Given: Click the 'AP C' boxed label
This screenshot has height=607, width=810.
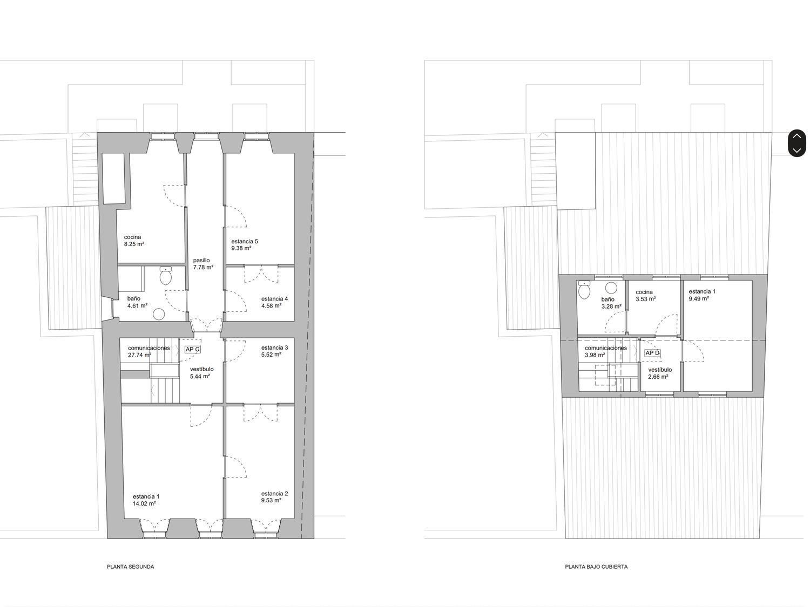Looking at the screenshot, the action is pyautogui.click(x=193, y=350).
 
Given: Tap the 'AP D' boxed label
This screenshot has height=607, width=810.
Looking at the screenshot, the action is pyautogui.click(x=652, y=353).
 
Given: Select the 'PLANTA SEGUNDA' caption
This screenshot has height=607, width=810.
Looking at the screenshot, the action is pyautogui.click(x=131, y=567).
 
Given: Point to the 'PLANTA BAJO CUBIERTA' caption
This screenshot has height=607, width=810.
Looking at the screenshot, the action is pyautogui.click(x=596, y=567).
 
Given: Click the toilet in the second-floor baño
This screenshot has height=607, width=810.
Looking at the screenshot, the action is pyautogui.click(x=166, y=276).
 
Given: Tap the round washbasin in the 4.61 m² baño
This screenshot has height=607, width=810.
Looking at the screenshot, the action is pyautogui.click(x=159, y=315).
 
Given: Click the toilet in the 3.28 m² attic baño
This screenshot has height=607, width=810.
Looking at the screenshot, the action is pyautogui.click(x=584, y=290).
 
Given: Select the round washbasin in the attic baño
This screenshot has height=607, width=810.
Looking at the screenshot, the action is pyautogui.click(x=611, y=288).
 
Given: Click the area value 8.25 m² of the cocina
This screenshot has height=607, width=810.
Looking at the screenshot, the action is pyautogui.click(x=134, y=244).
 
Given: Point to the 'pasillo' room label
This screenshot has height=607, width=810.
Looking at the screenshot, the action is pyautogui.click(x=201, y=261).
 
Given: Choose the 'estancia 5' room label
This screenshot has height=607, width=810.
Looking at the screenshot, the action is pyautogui.click(x=245, y=241).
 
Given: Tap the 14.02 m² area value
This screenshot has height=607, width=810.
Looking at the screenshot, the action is pyautogui.click(x=144, y=503).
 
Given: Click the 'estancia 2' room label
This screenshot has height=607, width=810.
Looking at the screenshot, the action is pyautogui.click(x=274, y=494).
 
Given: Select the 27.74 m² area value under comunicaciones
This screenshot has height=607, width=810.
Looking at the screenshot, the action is pyautogui.click(x=139, y=355).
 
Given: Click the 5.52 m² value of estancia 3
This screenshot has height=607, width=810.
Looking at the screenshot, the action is pyautogui.click(x=271, y=354).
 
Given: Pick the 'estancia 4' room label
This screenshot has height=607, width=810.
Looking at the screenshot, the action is pyautogui.click(x=274, y=299).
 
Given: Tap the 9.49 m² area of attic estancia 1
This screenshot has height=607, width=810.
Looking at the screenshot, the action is pyautogui.click(x=699, y=298).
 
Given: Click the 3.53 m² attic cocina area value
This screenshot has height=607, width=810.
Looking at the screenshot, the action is pyautogui.click(x=646, y=299).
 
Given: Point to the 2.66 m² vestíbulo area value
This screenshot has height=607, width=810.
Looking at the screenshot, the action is pyautogui.click(x=658, y=377).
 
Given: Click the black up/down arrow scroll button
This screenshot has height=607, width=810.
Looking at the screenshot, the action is pyautogui.click(x=797, y=144).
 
